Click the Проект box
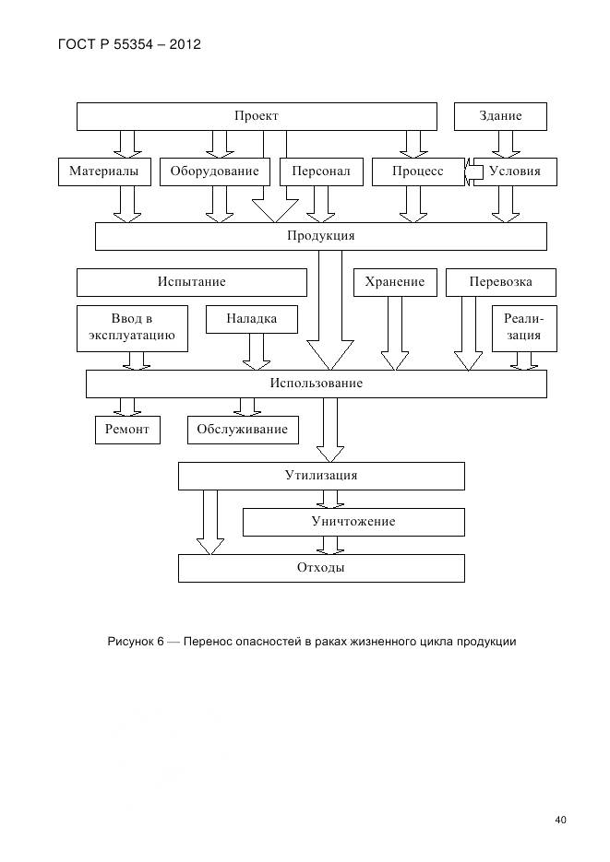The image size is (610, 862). tap(256, 116)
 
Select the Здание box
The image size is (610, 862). tap(500, 116)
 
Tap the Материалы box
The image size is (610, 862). tap(104, 171)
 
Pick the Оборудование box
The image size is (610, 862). tap(214, 171)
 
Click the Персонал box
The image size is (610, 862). tap(321, 171)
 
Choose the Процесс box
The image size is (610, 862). tap(417, 171)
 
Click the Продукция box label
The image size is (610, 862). tap(320, 236)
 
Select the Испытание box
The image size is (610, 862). tap(191, 282)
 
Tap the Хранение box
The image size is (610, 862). tap(394, 282)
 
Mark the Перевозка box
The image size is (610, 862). tap(500, 282)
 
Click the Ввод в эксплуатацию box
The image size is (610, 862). tap(132, 328)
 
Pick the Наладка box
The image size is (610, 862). tap(252, 319)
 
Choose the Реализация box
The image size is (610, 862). tap(523, 328)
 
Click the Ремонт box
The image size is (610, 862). tap(126, 430)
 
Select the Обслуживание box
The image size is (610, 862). tap(242, 430)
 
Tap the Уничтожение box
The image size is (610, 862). tap(353, 522)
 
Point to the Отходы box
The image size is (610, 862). tap(320, 568)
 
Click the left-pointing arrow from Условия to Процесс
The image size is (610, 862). tap(474, 171)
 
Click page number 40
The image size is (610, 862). tap(560, 819)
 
